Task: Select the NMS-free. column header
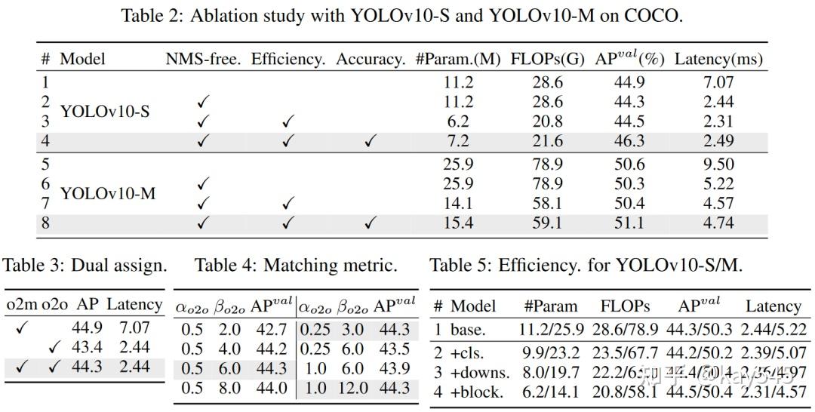coord(203,59)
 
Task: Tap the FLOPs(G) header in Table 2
coord(547,59)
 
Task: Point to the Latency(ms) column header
coord(718,59)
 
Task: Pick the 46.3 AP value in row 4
coord(632,141)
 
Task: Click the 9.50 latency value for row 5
coord(718,164)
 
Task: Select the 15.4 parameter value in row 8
coord(458,223)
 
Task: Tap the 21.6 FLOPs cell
coord(547,141)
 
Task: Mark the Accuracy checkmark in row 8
coord(370,224)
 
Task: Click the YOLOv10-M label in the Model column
coord(108,193)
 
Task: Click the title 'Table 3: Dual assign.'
coord(85,266)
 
